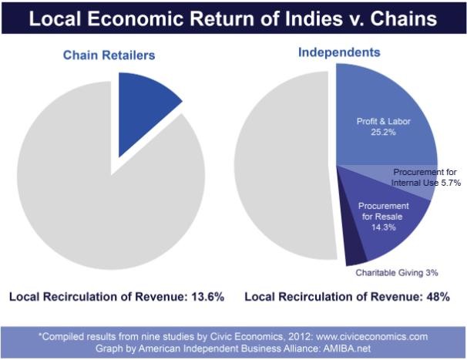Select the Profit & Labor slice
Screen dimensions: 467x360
(x=385, y=119)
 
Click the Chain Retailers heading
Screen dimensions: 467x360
(x=109, y=56)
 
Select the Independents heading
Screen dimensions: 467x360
(x=339, y=52)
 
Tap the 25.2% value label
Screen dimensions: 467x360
(x=383, y=132)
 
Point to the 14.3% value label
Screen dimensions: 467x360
(x=384, y=227)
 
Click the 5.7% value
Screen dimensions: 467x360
(x=451, y=183)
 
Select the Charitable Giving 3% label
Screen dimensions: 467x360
(x=397, y=273)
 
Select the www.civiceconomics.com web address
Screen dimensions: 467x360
(x=372, y=337)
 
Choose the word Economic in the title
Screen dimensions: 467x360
(x=135, y=19)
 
